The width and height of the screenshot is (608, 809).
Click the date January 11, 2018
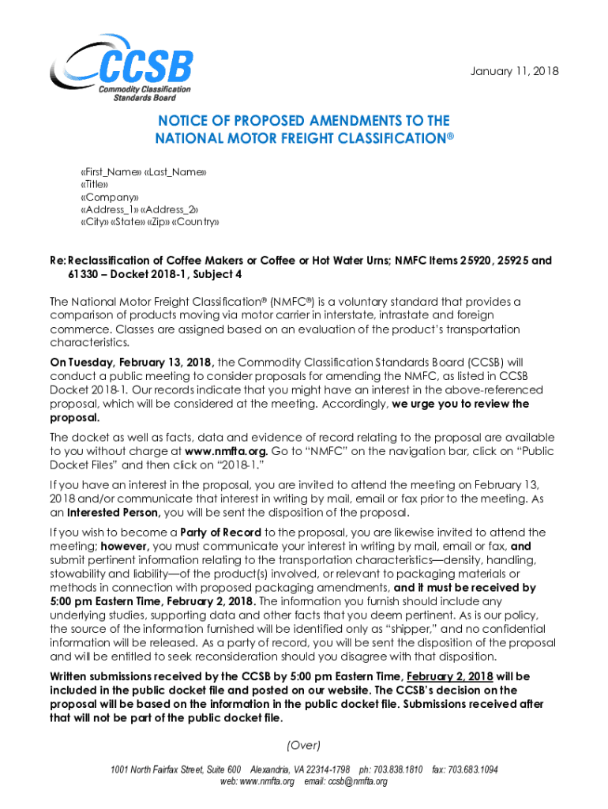tap(513, 71)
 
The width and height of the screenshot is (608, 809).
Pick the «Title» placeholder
tap(96, 184)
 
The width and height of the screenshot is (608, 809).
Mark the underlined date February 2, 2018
tap(449, 677)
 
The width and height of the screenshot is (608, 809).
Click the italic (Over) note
tap(304, 745)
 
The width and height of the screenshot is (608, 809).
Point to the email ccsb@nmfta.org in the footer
tap(360, 781)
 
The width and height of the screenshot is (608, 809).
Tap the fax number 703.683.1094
tap(474, 769)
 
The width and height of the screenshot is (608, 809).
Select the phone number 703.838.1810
tap(401, 769)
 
